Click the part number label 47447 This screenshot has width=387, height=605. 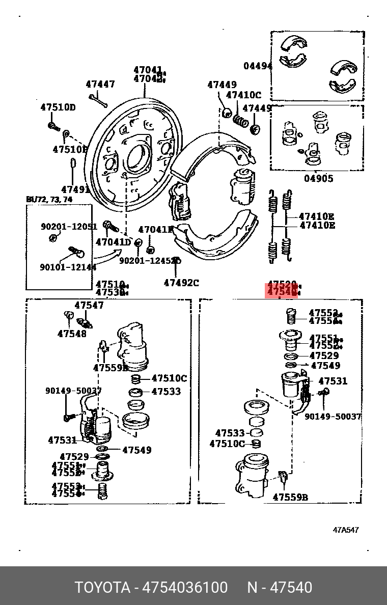(x=100, y=85)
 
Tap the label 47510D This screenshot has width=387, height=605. (x=58, y=107)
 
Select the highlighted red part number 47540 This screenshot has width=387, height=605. (x=282, y=292)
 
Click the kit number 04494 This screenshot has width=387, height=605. (x=257, y=66)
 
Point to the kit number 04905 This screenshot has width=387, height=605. (x=319, y=178)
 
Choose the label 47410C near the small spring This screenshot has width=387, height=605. (x=243, y=95)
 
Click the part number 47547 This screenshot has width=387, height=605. (x=89, y=306)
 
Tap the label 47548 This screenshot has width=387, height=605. (x=72, y=334)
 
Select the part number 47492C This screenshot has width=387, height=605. (x=181, y=283)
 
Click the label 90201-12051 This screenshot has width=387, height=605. (x=69, y=227)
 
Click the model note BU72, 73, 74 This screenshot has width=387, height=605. (x=49, y=199)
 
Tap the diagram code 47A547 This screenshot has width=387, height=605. (x=346, y=530)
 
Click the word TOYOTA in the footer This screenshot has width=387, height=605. (x=103, y=588)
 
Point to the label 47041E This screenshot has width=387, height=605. (x=155, y=230)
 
